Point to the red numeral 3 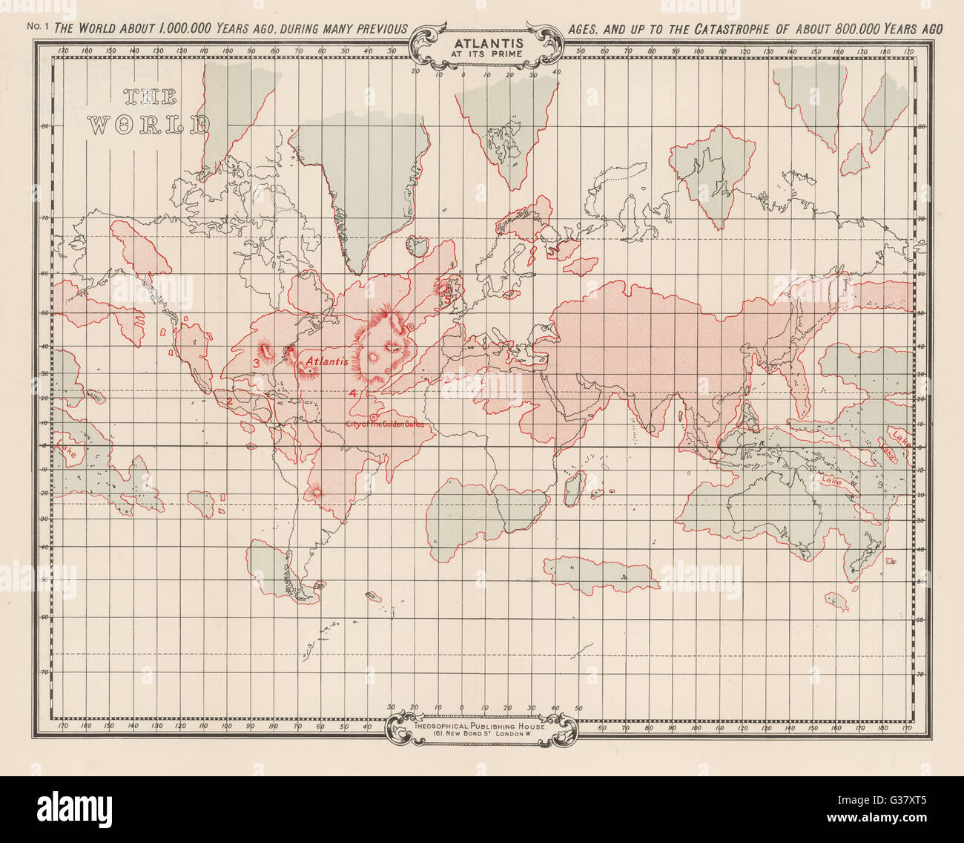pos(256,363)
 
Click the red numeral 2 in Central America pos(230,401)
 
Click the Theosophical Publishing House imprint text pos(482,726)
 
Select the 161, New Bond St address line pos(482,735)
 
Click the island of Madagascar pos(572,486)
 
